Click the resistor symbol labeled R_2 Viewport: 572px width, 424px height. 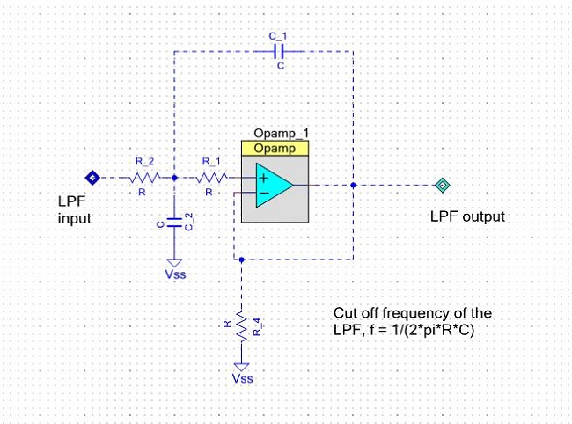[144, 178]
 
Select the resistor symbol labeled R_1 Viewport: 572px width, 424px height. [211, 178]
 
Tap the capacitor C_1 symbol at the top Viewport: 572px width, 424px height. [279, 51]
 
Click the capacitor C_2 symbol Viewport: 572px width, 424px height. [174, 223]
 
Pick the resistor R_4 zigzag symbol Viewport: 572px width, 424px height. [241, 326]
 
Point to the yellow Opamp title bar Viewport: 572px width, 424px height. [275, 149]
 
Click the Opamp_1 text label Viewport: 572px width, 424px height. [281, 134]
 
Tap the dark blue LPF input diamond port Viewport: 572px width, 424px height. [92, 178]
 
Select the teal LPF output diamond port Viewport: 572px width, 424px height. [442, 186]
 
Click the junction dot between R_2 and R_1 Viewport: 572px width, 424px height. [174, 178]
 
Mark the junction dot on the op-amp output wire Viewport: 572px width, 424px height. [353, 186]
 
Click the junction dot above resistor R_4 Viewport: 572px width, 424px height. [241, 260]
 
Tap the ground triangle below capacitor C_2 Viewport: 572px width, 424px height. [174, 263]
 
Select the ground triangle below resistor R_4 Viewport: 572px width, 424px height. [241, 367]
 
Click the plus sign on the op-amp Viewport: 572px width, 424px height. [264, 178]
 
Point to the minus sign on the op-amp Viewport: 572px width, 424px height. [265, 193]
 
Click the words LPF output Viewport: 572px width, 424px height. [467, 216]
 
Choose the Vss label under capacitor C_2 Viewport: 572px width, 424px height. [175, 274]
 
